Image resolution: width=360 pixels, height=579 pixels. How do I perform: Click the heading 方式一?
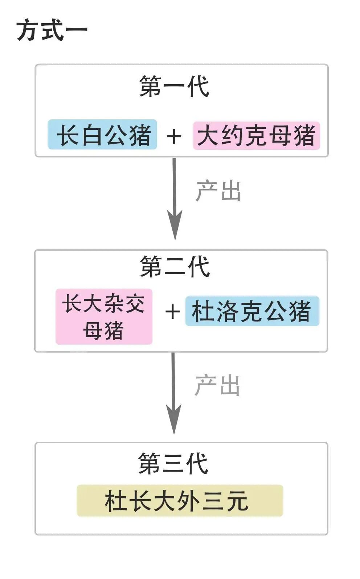tap(52, 31)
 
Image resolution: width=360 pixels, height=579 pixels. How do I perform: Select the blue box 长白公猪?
tap(103, 135)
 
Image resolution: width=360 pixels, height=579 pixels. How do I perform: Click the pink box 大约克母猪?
tap(256, 135)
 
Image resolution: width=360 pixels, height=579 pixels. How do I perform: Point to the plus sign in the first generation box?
tap(174, 136)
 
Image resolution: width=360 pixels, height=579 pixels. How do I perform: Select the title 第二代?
tap(175, 267)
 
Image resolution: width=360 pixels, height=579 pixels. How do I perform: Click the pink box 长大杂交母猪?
tap(104, 316)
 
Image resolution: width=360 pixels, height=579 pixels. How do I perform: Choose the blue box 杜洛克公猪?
tap(252, 311)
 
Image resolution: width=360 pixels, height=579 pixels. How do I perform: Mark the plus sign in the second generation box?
tap(172, 312)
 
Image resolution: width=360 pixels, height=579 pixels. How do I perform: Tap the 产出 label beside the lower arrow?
tap(217, 385)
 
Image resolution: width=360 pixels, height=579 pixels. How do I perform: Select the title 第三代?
tap(173, 464)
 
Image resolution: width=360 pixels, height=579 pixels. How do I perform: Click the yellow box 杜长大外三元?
tap(180, 501)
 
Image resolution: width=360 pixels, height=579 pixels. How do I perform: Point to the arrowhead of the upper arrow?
tap(175, 227)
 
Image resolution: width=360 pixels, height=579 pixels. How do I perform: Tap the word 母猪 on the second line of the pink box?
tap(104, 330)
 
